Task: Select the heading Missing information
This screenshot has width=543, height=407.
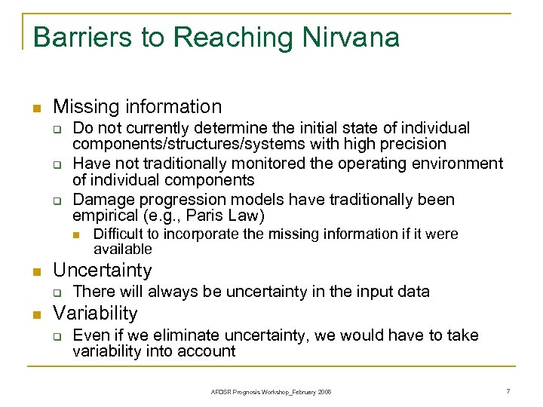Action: coord(137,107)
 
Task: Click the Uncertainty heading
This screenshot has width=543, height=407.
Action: coord(103,270)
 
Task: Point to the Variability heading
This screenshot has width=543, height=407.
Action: coord(95,313)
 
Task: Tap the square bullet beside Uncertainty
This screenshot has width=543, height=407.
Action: coord(35,271)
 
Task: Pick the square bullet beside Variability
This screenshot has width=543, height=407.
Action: coord(35,314)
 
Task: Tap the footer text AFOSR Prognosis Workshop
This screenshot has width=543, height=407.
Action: coord(247,392)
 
